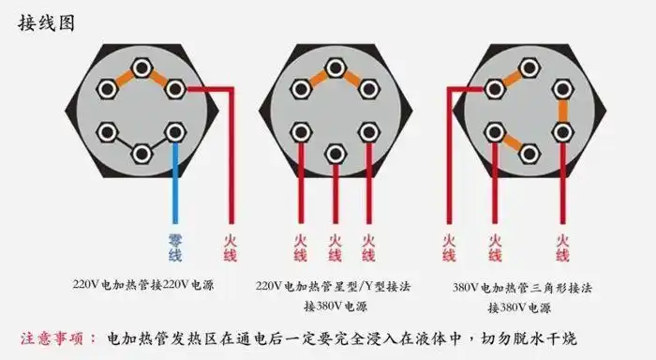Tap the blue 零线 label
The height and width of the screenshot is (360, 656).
coord(175,247)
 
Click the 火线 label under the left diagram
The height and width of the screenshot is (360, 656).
coord(231,247)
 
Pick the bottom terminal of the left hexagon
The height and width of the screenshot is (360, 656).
coord(142,151)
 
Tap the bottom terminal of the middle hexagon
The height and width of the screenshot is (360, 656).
coord(334,151)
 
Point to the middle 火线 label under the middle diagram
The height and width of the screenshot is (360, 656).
coord(335,247)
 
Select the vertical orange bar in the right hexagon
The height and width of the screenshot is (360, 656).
coord(564,110)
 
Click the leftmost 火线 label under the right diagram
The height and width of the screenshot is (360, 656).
coord(449,247)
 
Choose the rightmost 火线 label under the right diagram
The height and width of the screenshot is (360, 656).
coord(562,247)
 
